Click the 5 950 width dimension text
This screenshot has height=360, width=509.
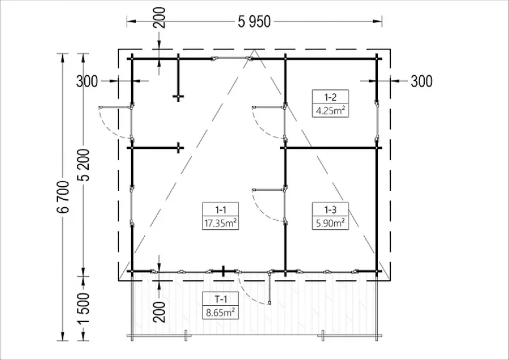254,22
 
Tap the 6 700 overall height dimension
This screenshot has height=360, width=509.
63,196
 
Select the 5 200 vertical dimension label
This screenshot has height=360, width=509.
84,164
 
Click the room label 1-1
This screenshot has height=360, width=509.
221,209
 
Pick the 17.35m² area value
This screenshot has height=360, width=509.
221,223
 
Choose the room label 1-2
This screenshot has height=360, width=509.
330,97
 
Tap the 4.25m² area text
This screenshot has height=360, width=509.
330,110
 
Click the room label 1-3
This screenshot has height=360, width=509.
330,209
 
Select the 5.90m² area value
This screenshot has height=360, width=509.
330,223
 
